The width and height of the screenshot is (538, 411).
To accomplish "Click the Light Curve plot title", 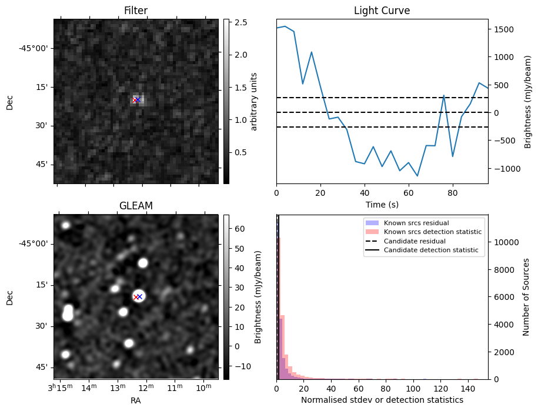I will pos(382,11).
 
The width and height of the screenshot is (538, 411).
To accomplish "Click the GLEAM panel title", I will pos(135,206).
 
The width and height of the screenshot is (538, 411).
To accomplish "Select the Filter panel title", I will pos(135,11).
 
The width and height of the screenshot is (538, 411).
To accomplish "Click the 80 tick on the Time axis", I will pos(452,192).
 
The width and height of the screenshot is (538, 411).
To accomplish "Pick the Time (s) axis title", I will pos(382,204).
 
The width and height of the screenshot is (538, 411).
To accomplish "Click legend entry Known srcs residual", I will pos(416,223).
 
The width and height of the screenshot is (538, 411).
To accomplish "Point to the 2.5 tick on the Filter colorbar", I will pos(240,22).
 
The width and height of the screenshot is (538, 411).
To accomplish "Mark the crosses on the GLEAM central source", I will pos(138,296).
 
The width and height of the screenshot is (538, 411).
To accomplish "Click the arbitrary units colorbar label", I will pos(254,101).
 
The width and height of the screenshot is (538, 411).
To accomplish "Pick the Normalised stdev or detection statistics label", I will pos(382,400).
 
